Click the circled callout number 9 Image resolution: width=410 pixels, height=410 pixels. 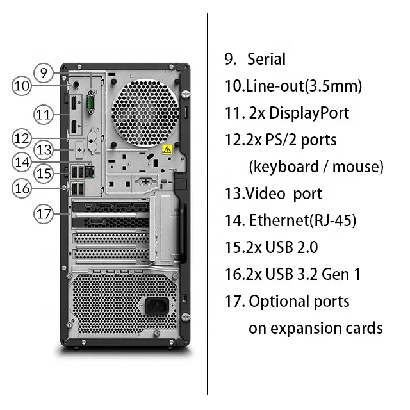coord(43,72)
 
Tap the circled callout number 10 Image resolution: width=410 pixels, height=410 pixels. coord(22,86)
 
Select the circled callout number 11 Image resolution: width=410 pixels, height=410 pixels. coord(43,115)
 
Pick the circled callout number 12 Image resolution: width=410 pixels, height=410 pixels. coord(22,137)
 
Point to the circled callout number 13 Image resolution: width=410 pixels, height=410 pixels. coord(43,151)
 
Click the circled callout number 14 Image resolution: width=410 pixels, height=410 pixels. coord(22,162)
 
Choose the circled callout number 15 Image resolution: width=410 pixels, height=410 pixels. coord(43,173)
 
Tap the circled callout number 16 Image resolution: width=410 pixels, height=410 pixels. coord(22,188)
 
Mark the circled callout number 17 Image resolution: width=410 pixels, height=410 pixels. coord(43,213)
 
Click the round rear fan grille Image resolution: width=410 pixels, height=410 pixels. coord(145,109)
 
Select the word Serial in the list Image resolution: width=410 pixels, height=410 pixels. coord(266,60)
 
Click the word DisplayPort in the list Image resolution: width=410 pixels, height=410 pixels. coord(309,113)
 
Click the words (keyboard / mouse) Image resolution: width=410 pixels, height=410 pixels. coord(316,167)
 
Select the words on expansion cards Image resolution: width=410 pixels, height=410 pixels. coord(316,329)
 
